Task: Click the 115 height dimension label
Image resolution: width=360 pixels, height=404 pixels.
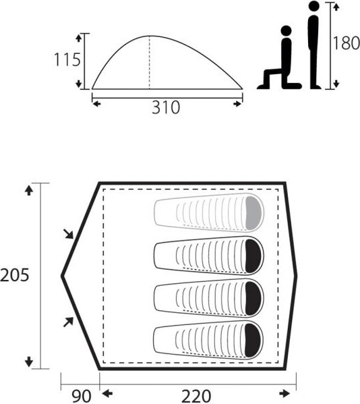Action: pyautogui.click(x=67, y=60)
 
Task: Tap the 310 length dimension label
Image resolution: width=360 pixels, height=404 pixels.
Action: pyautogui.click(x=166, y=107)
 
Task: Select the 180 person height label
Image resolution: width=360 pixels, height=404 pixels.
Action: pyautogui.click(x=347, y=42)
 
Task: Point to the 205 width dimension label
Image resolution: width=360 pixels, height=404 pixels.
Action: pyautogui.click(x=14, y=275)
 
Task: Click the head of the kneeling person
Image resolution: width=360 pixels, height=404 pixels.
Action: pyautogui.click(x=286, y=31)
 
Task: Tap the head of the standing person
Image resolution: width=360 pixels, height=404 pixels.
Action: pyautogui.click(x=313, y=6)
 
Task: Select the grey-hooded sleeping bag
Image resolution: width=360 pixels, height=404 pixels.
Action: pyautogui.click(x=208, y=212)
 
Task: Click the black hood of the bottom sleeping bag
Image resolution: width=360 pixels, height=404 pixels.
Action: pyautogui.click(x=252, y=340)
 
